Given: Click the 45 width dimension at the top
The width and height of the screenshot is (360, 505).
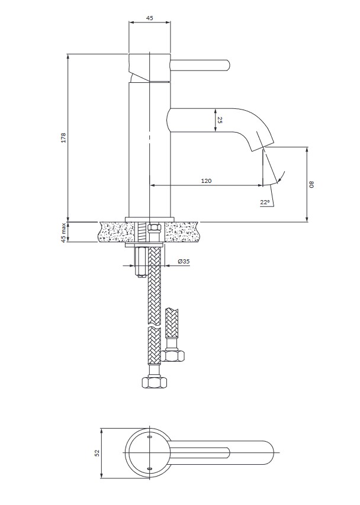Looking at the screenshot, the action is (x=149, y=18).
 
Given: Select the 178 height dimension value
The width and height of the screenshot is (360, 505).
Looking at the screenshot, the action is (x=63, y=137).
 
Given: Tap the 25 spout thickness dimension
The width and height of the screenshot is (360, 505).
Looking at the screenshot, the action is (x=220, y=120).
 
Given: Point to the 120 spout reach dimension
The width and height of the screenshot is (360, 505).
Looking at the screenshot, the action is (x=207, y=181).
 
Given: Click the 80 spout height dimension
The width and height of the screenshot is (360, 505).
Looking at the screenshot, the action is (x=311, y=185).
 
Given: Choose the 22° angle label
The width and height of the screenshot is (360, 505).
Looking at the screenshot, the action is (x=265, y=202).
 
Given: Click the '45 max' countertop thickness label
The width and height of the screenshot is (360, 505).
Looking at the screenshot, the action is (x=63, y=232).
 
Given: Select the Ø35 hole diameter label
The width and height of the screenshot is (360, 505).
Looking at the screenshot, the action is (x=184, y=262).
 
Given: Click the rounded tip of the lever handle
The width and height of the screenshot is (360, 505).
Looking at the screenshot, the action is (x=227, y=65).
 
